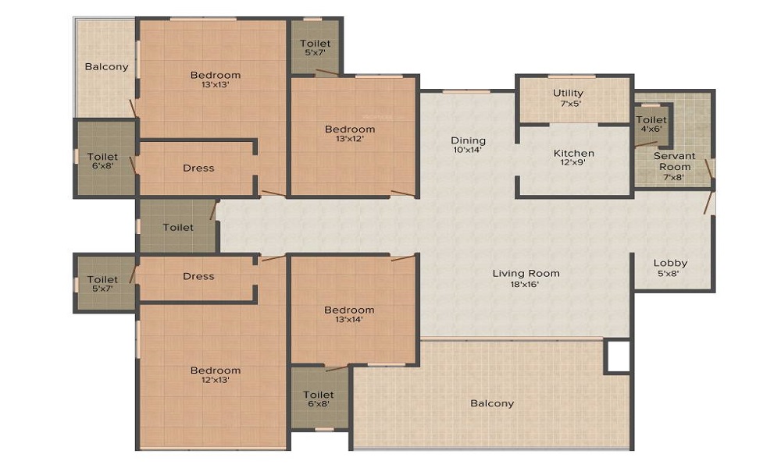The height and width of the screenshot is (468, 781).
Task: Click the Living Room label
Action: pos(526,273)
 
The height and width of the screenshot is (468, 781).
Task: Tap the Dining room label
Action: pos(468,140)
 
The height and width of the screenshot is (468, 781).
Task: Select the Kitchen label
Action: pos(574,153)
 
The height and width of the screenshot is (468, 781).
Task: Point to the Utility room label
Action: pos(568,93)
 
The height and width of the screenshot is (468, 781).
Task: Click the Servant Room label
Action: pos(674,161)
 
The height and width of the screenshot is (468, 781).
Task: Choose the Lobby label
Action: pos(670,263)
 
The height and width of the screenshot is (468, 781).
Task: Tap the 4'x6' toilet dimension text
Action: pos(651,129)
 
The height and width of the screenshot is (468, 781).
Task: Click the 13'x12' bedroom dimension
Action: pos(350,139)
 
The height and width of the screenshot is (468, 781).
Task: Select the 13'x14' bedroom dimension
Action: pos(349,319)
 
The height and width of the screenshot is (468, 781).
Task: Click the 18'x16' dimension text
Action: pos(526,284)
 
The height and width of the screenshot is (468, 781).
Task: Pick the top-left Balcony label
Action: pos(106,66)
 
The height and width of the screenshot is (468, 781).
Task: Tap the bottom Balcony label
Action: pos(492,403)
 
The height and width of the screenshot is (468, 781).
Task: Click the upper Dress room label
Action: pos(198,168)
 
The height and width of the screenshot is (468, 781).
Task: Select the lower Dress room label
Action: pos(198,276)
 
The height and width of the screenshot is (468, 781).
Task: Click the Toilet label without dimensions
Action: pos(178,227)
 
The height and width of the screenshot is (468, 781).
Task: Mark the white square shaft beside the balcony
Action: pos(618,356)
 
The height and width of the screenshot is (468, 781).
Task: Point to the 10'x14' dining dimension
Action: pos(468,151)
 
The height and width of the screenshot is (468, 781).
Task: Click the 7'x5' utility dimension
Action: pos(568,103)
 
